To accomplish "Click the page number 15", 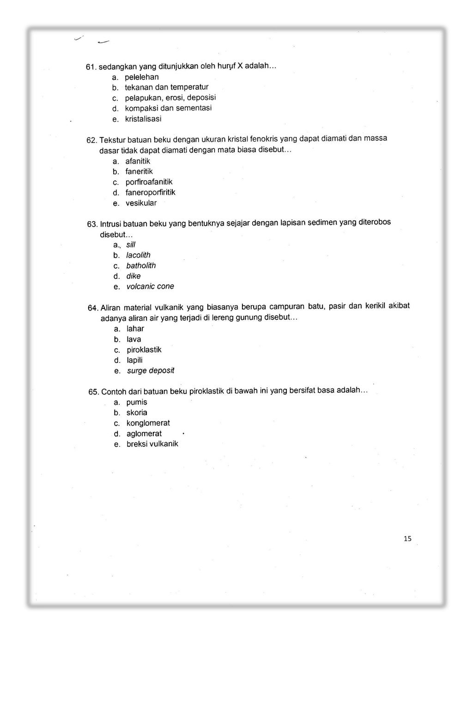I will [407, 538].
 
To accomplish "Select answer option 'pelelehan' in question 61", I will [141, 77].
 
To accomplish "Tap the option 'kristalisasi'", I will [143, 119].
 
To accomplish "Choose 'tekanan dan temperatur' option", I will [166, 87].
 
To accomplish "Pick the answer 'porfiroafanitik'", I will [149, 182].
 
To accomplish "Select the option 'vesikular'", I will [141, 203].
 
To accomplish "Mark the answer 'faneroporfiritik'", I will [150, 192].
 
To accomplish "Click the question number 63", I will [92, 224].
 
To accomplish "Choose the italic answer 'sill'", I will [131, 245].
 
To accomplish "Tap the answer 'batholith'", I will [141, 265].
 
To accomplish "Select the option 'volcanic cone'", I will [150, 286].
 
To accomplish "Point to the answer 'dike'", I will [133, 276].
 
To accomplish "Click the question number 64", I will [93, 308].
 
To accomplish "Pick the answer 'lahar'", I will [135, 329].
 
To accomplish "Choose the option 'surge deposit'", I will [151, 370].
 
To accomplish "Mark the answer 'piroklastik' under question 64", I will [144, 350].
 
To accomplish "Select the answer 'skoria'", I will [137, 413].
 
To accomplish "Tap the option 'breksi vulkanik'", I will [152, 444].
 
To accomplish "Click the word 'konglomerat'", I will [148, 423].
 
